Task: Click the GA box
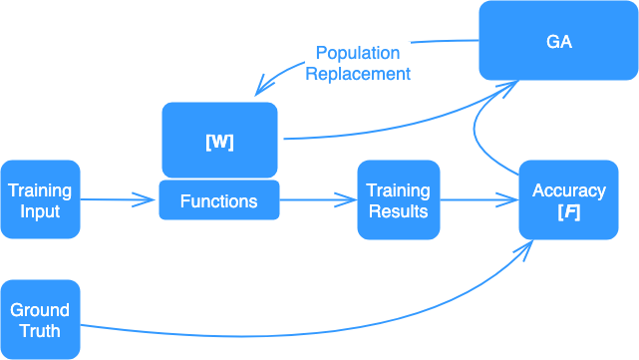pyautogui.click(x=558, y=41)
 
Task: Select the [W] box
pyautogui.click(x=219, y=141)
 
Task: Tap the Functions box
pyautogui.click(x=219, y=201)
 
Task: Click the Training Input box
pyautogui.click(x=40, y=200)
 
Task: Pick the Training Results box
pyautogui.click(x=398, y=200)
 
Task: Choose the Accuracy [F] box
pyautogui.click(x=568, y=200)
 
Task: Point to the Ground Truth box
pyautogui.click(x=40, y=320)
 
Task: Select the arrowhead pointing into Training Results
pyautogui.click(x=350, y=200)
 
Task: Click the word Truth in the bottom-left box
pyautogui.click(x=40, y=330)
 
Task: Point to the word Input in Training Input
pyautogui.click(x=40, y=210)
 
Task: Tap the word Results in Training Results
pyautogui.click(x=398, y=210)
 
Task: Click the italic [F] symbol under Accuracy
pyautogui.click(x=568, y=210)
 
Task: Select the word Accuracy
pyautogui.click(x=568, y=190)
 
